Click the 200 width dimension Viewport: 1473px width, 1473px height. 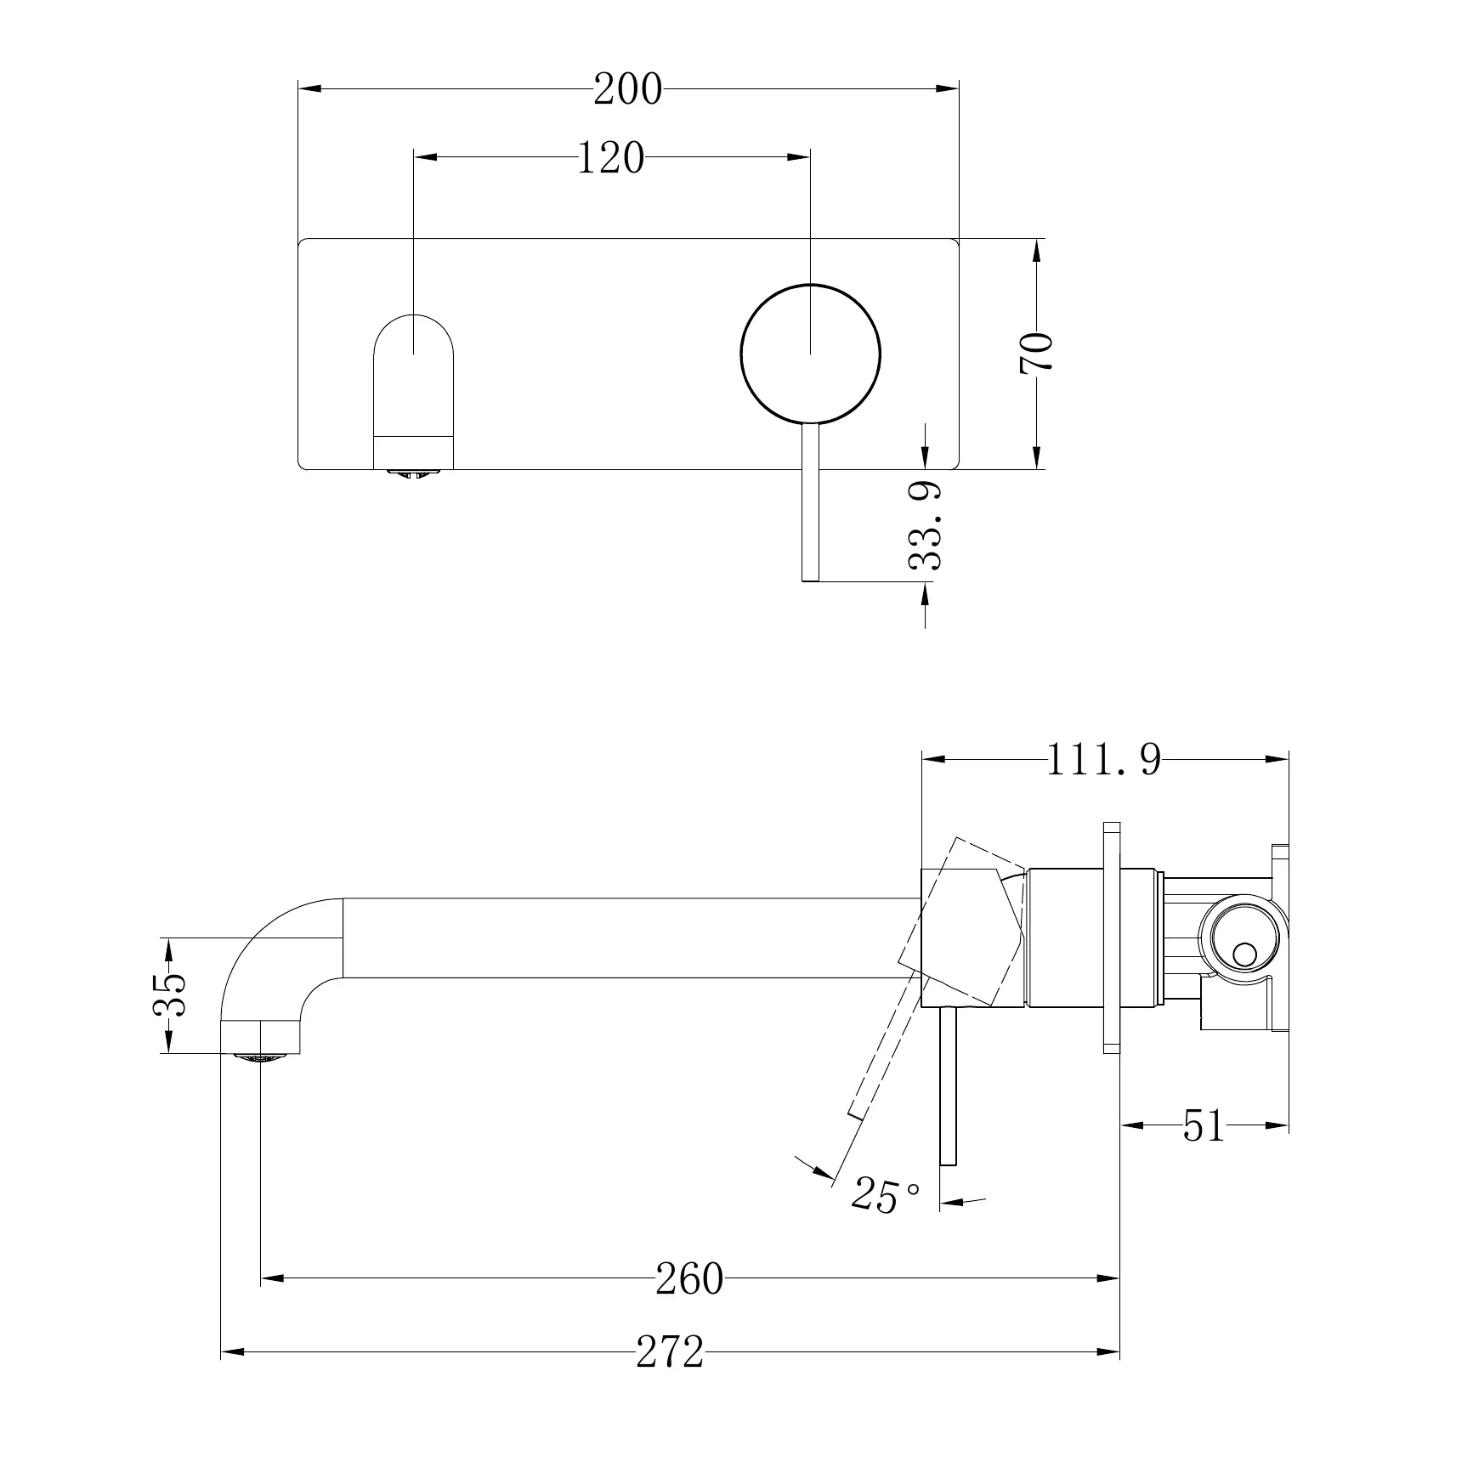[627, 89]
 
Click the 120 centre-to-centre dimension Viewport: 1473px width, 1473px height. [610, 158]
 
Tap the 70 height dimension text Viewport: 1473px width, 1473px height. [1037, 352]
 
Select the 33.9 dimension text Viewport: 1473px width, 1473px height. [926, 525]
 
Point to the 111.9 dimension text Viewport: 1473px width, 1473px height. [1103, 760]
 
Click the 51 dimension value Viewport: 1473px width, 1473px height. [1204, 1126]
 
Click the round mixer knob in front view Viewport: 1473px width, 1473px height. [810, 353]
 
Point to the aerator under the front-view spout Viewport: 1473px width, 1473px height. [414, 472]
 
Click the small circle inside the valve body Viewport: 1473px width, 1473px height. [1244, 954]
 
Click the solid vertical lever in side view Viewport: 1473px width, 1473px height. [949, 1088]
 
